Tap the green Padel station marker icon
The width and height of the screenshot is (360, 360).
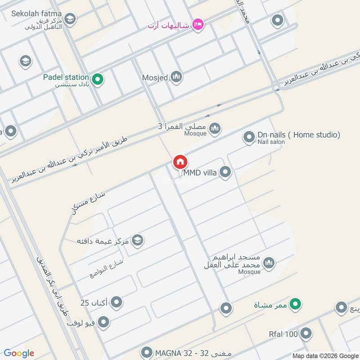tap(99, 81)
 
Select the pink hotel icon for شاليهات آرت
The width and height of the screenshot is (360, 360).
tap(198, 25)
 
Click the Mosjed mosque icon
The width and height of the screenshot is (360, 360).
tap(176, 77)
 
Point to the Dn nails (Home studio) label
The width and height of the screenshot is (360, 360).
tap(298, 135)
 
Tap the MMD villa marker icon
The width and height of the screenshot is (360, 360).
tap(225, 172)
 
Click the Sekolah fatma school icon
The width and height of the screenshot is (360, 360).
tap(70, 18)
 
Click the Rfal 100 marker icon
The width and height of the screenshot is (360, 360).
tap(306, 334)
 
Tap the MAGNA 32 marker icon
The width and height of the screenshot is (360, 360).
tap(147, 352)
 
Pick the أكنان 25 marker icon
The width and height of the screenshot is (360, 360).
tap(117, 302)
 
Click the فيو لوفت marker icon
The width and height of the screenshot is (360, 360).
tap(104, 322)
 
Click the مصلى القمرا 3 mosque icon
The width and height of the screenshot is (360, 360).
tap(215, 128)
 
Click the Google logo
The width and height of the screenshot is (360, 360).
tap(19, 353)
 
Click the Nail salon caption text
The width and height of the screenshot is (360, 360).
tap(271, 142)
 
